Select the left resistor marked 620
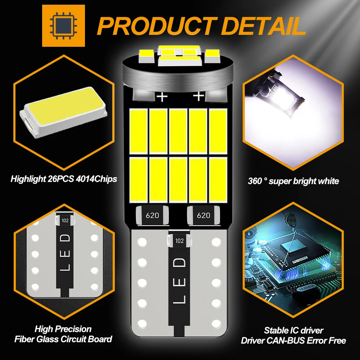(152, 215)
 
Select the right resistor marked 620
(203, 215)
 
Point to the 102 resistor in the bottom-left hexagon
(65, 220)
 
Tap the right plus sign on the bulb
(198, 96)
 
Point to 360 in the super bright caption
(255, 181)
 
